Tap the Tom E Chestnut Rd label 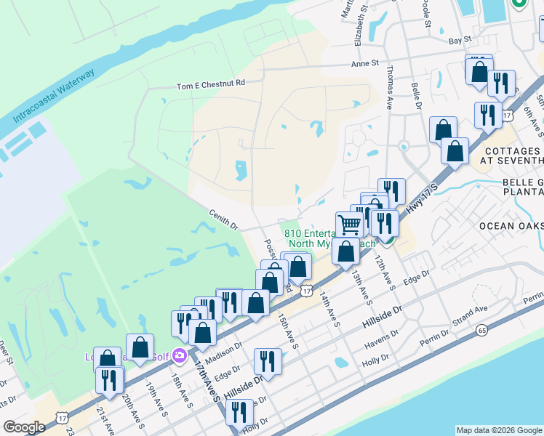[x=211, y=85]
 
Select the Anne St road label [x=365, y=64]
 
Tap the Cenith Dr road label [x=224, y=220]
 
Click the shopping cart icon [x=349, y=225]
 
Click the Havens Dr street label [x=384, y=336]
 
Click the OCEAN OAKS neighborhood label [x=511, y=226]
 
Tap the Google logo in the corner [x=24, y=427]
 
